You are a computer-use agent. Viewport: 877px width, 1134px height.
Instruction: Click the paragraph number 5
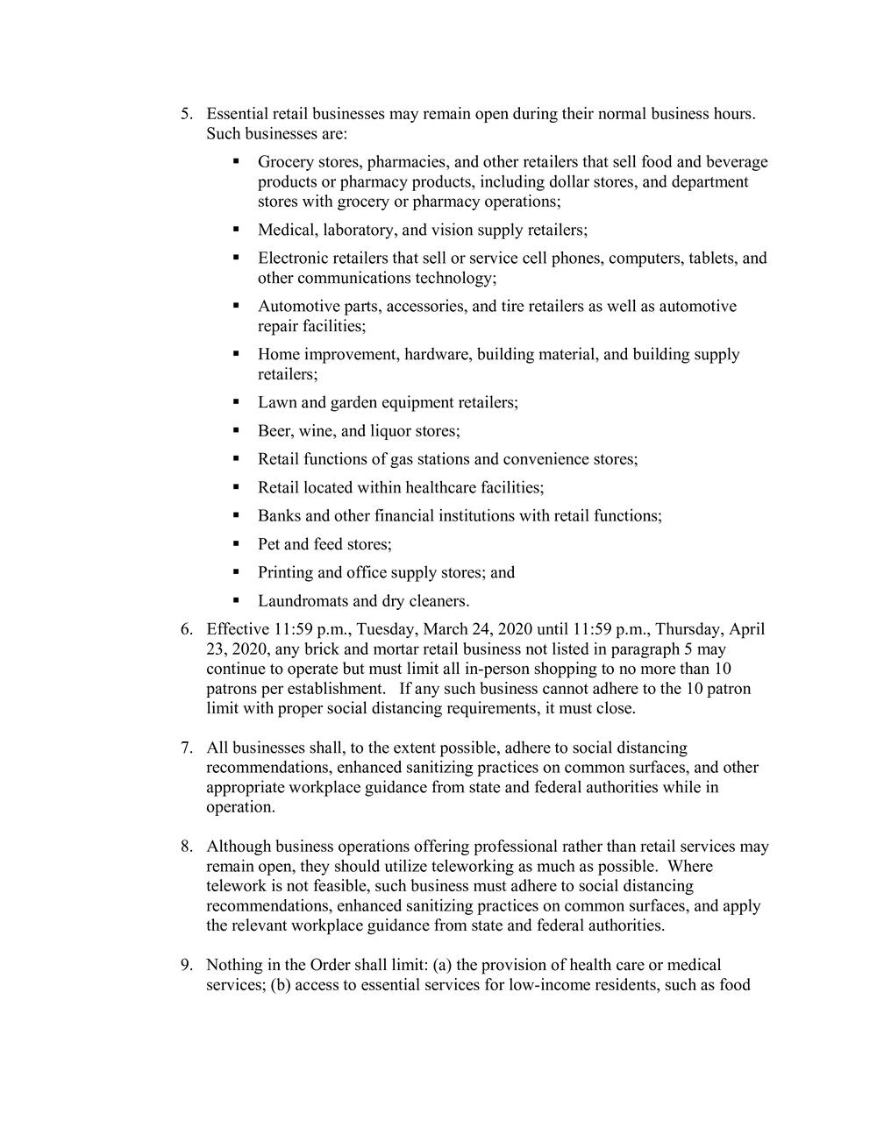(x=186, y=115)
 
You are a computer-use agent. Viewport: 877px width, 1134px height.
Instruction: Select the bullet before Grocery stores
(x=237, y=161)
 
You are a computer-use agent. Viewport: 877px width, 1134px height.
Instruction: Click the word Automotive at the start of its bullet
(x=296, y=307)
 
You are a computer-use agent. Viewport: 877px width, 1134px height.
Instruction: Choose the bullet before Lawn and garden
(x=237, y=402)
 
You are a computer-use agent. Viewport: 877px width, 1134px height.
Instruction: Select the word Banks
(x=279, y=516)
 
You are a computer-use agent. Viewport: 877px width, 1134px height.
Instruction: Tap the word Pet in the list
(x=268, y=544)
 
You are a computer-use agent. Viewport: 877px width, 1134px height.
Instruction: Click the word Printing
(x=286, y=573)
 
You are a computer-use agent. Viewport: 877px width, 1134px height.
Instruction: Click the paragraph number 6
(x=186, y=630)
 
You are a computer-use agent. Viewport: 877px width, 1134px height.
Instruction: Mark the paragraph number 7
(x=186, y=748)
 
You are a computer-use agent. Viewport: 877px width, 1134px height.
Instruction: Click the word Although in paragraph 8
(x=239, y=847)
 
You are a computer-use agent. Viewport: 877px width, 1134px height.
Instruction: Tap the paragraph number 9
(x=186, y=966)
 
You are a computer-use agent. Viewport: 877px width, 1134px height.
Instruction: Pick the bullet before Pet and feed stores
(x=237, y=544)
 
